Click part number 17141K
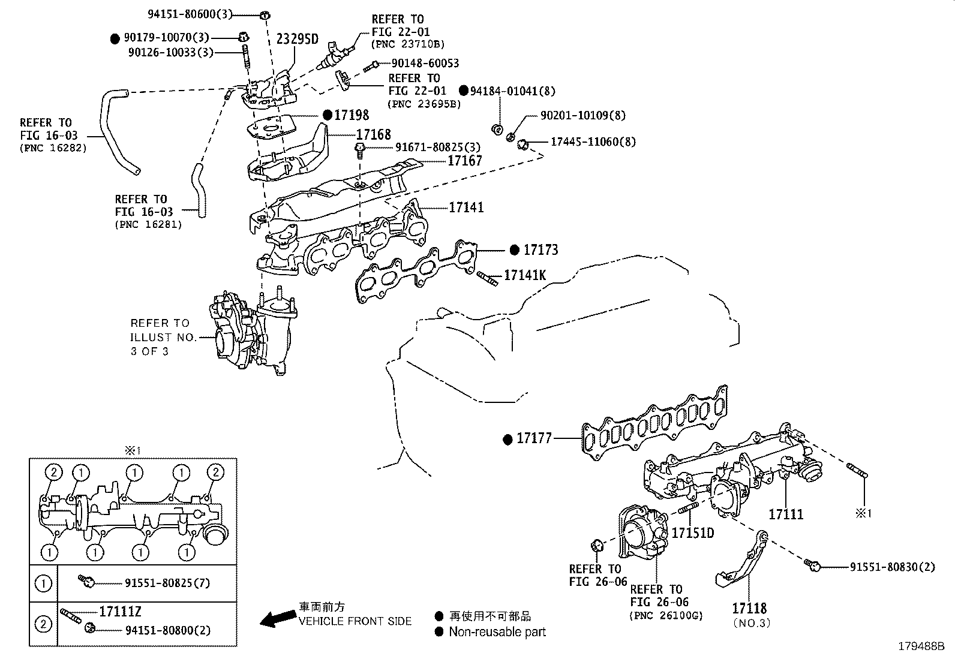[x=525, y=275]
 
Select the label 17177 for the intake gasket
[x=534, y=439]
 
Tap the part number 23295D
[x=297, y=40]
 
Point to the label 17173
[x=540, y=249]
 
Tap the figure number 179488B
[x=920, y=646]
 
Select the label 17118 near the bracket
[x=749, y=609]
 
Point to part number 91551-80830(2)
[x=892, y=566]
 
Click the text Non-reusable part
[x=497, y=631]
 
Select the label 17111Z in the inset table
[x=121, y=611]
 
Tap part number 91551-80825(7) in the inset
[x=167, y=582]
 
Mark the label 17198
[x=352, y=115]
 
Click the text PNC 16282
[x=53, y=148]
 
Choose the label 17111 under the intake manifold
[x=786, y=514]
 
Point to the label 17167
[x=465, y=160]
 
